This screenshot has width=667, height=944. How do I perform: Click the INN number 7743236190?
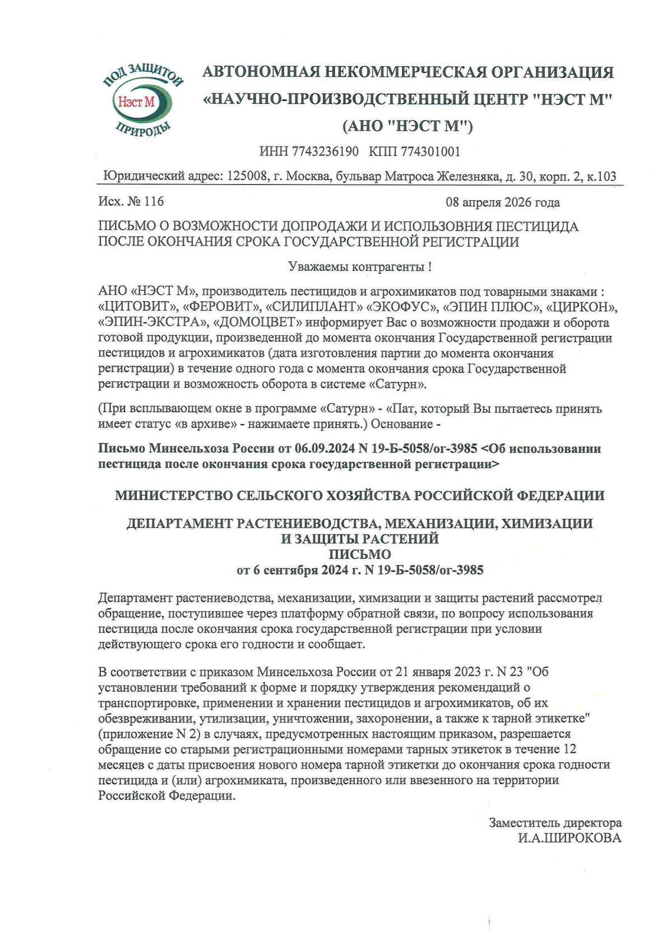coord(325,151)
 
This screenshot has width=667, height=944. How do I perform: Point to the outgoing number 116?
coord(154,201)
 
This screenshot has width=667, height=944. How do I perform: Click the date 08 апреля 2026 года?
coord(502,202)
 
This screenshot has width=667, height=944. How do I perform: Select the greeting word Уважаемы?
coord(317,267)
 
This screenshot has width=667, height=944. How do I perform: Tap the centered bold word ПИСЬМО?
coord(359,555)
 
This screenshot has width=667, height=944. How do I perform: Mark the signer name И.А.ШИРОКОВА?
coord(569,839)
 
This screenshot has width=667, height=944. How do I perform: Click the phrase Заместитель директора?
coord(555,823)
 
